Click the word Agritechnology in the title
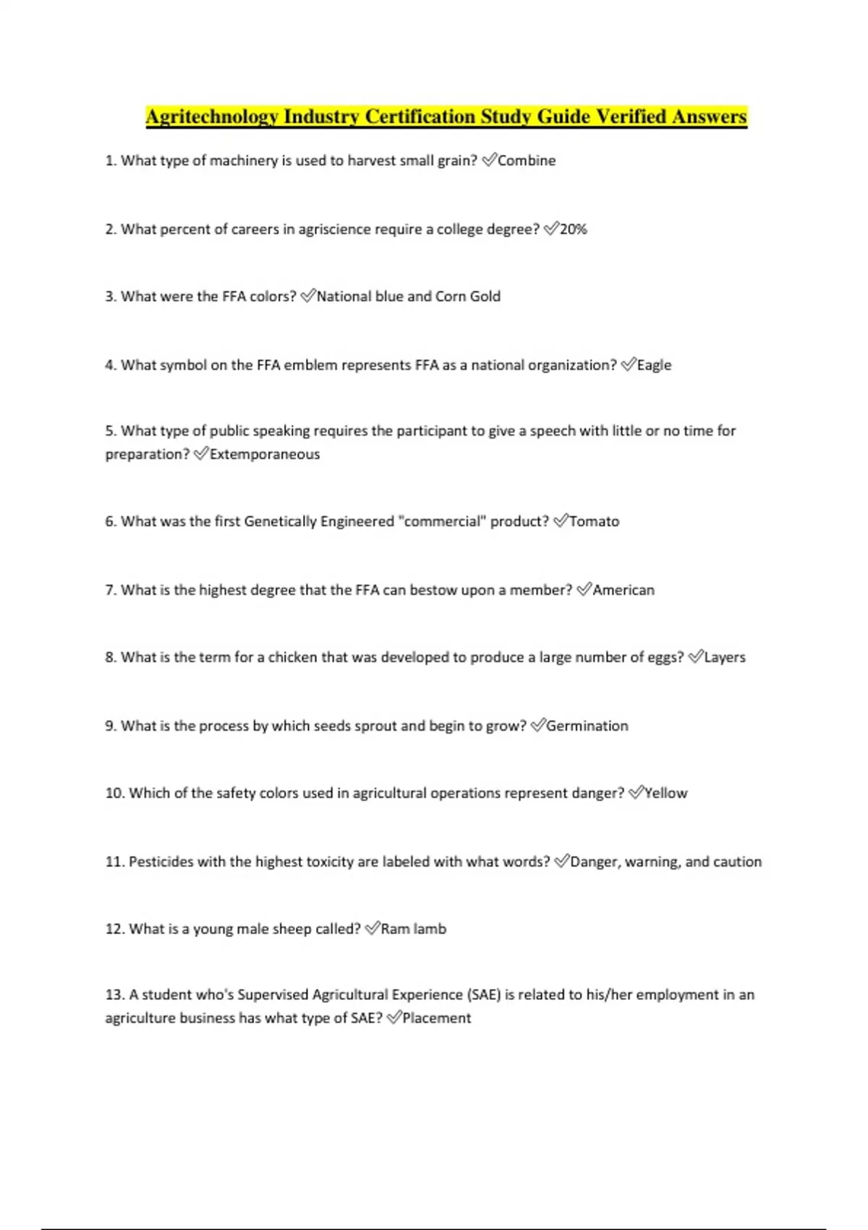pos(212,117)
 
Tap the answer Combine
pos(527,161)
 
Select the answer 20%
pos(574,229)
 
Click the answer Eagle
pos(654,365)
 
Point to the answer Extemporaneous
pos(265,454)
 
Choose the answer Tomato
pos(594,522)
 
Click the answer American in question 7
pos(624,590)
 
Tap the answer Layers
pos(724,658)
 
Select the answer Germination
pos(587,726)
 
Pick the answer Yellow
pos(665,793)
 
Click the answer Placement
pos(436,1018)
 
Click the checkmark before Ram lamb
pos(372,929)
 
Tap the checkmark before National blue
pos(307,297)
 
